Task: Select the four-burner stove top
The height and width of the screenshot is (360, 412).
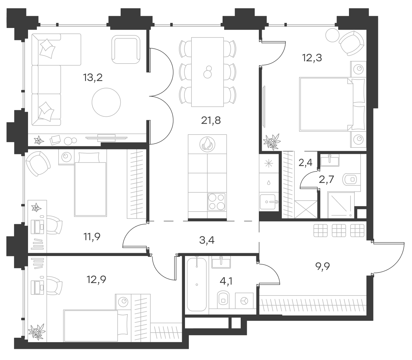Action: [217, 202]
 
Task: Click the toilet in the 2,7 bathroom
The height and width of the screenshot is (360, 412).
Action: [352, 180]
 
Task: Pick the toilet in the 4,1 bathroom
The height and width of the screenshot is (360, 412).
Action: [224, 299]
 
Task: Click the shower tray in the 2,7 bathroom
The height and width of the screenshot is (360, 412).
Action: [340, 205]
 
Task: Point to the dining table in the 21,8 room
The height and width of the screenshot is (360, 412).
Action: [207, 72]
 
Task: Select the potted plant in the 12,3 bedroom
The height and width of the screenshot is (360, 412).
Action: [273, 142]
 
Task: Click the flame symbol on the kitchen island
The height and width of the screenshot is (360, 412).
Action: [207, 144]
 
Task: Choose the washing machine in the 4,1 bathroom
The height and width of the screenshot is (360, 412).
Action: [245, 301]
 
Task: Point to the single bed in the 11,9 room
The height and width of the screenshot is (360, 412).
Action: [90, 184]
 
